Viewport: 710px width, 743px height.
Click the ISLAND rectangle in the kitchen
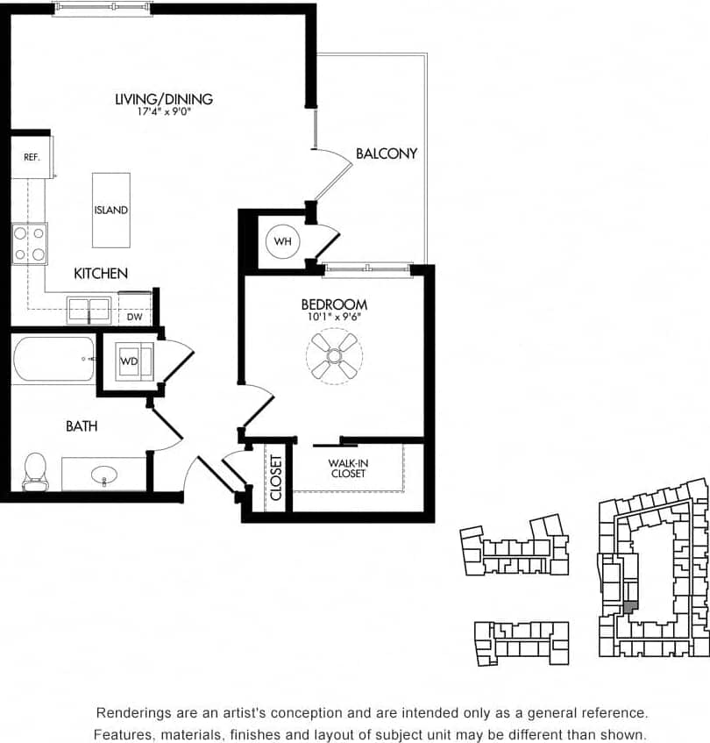(111, 210)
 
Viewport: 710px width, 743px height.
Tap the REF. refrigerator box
(32, 157)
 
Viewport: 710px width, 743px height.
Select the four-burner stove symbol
(29, 243)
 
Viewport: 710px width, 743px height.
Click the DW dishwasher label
(133, 318)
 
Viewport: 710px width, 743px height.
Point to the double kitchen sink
(89, 310)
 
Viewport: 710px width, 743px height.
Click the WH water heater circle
(282, 240)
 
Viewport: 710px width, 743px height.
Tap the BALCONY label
(386, 154)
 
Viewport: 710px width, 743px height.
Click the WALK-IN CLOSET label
(347, 468)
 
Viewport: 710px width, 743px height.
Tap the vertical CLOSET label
(276, 477)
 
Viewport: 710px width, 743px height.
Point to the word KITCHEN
(101, 274)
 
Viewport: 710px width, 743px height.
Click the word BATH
(82, 426)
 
